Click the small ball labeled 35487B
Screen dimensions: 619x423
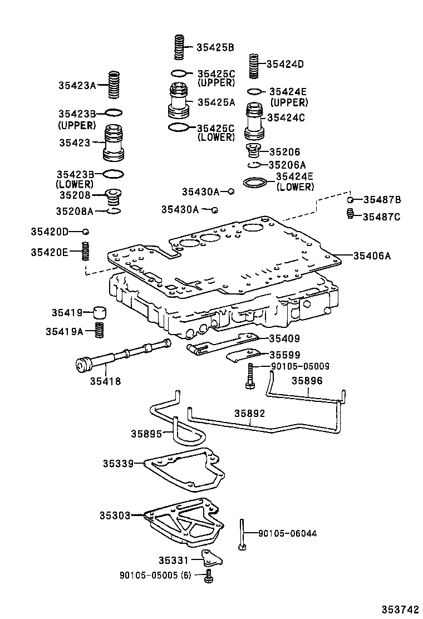tap(351, 200)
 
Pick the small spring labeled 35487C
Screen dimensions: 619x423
tap(351, 214)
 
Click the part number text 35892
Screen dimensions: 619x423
tap(249, 414)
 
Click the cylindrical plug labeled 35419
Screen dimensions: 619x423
tap(100, 312)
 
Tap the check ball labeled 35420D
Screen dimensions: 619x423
tap(86, 232)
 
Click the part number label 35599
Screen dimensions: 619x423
tap(285, 355)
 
